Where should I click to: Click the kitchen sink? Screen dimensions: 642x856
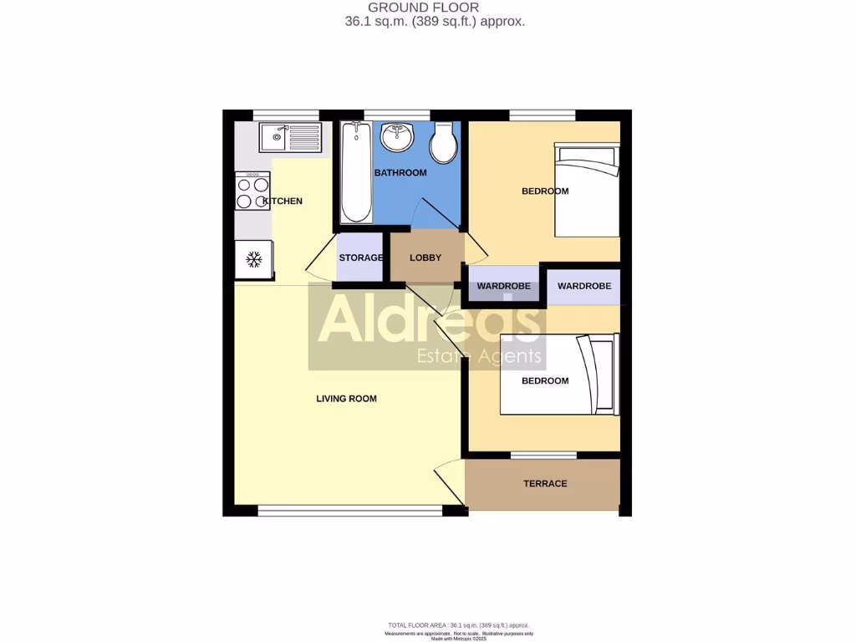(x=289, y=137)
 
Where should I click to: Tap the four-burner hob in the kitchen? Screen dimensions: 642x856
(x=252, y=191)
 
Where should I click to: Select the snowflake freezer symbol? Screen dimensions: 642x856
(x=253, y=260)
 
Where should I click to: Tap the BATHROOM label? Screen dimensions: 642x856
(x=400, y=173)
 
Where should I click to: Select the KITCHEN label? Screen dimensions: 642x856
(x=283, y=201)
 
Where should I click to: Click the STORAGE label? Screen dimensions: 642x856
(x=361, y=257)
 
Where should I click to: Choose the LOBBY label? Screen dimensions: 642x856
(x=425, y=257)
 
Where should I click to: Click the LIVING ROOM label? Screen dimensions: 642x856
(x=346, y=399)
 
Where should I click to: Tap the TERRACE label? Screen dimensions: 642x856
(x=545, y=484)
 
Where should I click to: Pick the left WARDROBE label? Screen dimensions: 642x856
(x=503, y=287)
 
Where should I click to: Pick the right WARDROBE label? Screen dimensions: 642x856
(x=584, y=287)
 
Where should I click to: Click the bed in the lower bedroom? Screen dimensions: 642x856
(x=558, y=374)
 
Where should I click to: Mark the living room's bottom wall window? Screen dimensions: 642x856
(x=349, y=510)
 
